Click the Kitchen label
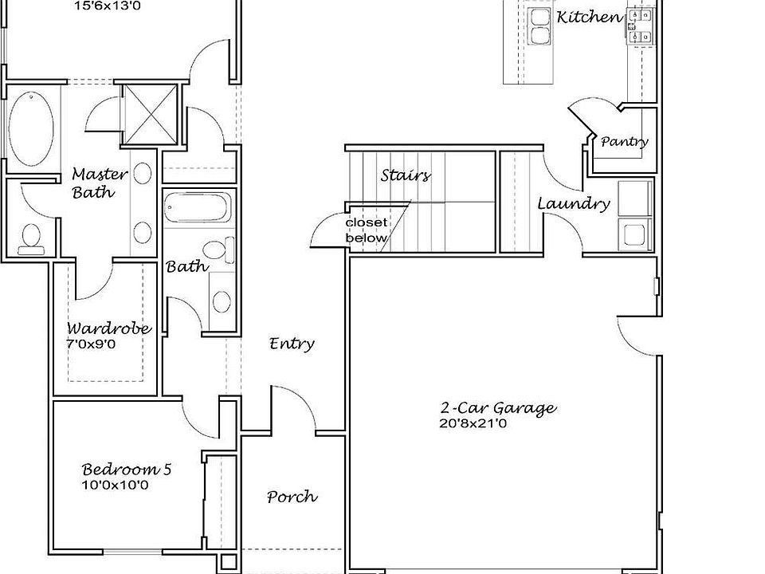coord(590,17)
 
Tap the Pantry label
coord(624,142)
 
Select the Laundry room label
coord(574,203)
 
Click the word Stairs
coord(406,175)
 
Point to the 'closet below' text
coord(367,230)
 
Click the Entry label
coord(292,344)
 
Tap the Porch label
coord(292,497)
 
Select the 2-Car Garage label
coord(498,407)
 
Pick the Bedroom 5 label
coord(127,469)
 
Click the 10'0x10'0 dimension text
coord(115,486)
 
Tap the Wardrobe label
coord(109,328)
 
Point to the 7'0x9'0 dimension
coord(91,344)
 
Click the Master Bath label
coord(100,183)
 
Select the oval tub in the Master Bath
coord(31,128)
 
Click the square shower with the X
coord(149,114)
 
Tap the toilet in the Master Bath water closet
coord(31,239)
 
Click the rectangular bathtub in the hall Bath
coord(198,208)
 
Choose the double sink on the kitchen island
coord(539,26)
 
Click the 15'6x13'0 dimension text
coord(108,6)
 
